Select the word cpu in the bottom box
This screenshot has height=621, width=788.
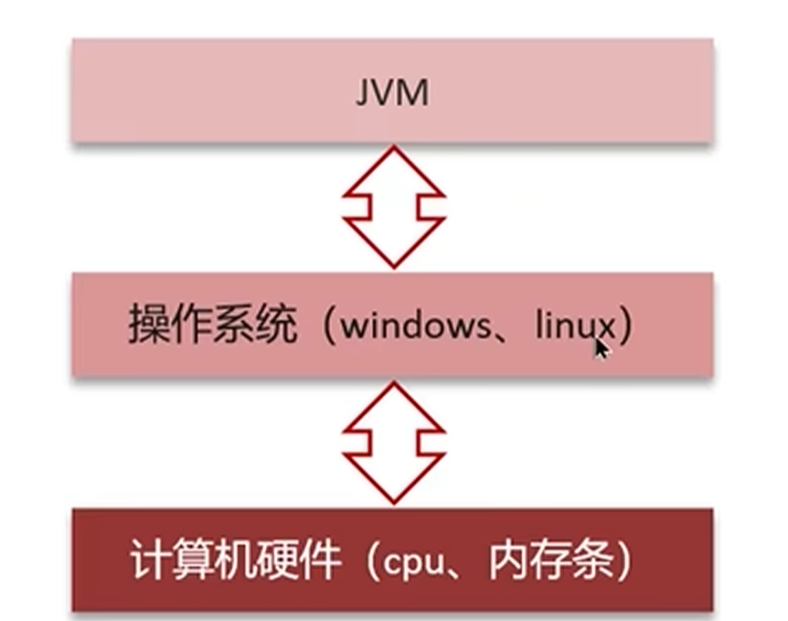tap(416, 562)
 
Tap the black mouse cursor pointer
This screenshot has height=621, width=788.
tap(600, 348)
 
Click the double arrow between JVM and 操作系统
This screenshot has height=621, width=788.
tap(393, 206)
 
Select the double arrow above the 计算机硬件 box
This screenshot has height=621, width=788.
tap(393, 441)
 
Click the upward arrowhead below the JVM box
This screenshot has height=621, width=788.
tap(393, 170)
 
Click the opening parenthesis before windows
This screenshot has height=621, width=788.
tap(327, 327)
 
